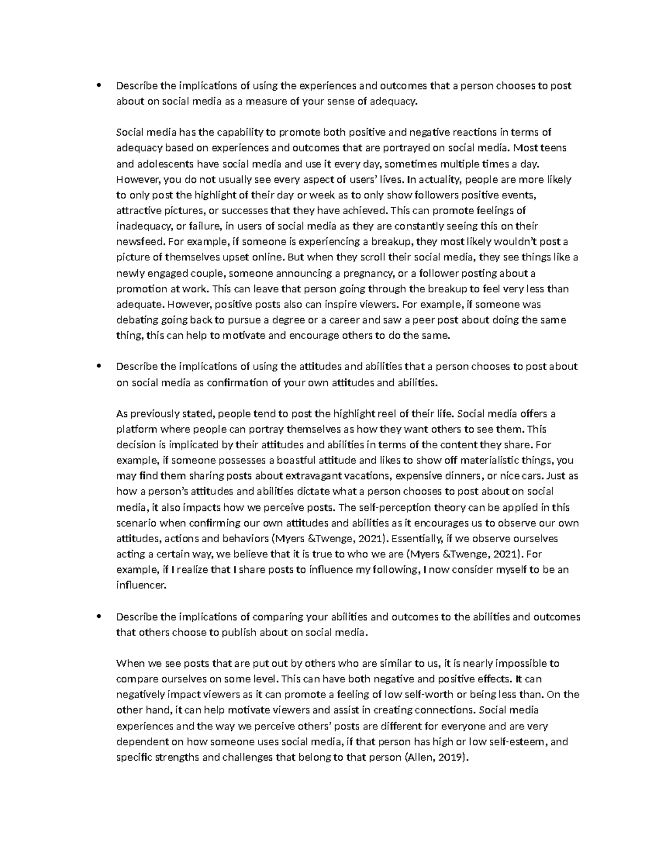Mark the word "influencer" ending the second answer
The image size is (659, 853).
(x=140, y=586)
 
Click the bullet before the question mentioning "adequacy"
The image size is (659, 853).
(x=99, y=85)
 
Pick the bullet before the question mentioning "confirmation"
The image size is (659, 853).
(x=99, y=366)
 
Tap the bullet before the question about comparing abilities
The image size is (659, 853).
(x=99, y=616)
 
